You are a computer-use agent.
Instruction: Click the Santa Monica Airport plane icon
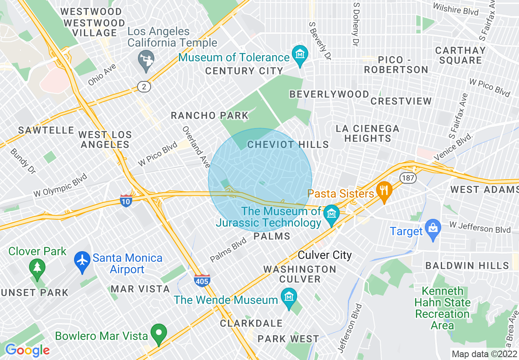pos(83,259)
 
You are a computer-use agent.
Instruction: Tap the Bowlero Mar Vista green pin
pos(159,333)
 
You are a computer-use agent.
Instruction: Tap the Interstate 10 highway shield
pos(126,201)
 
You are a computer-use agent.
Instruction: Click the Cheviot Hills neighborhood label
pos(288,144)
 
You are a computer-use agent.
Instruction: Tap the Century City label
pos(244,71)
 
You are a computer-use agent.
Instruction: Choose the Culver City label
pos(325,255)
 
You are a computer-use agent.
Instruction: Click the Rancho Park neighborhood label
pos(210,116)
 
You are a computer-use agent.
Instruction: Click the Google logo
pos(27,350)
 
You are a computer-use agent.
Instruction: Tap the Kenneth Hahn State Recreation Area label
pos(442,308)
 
